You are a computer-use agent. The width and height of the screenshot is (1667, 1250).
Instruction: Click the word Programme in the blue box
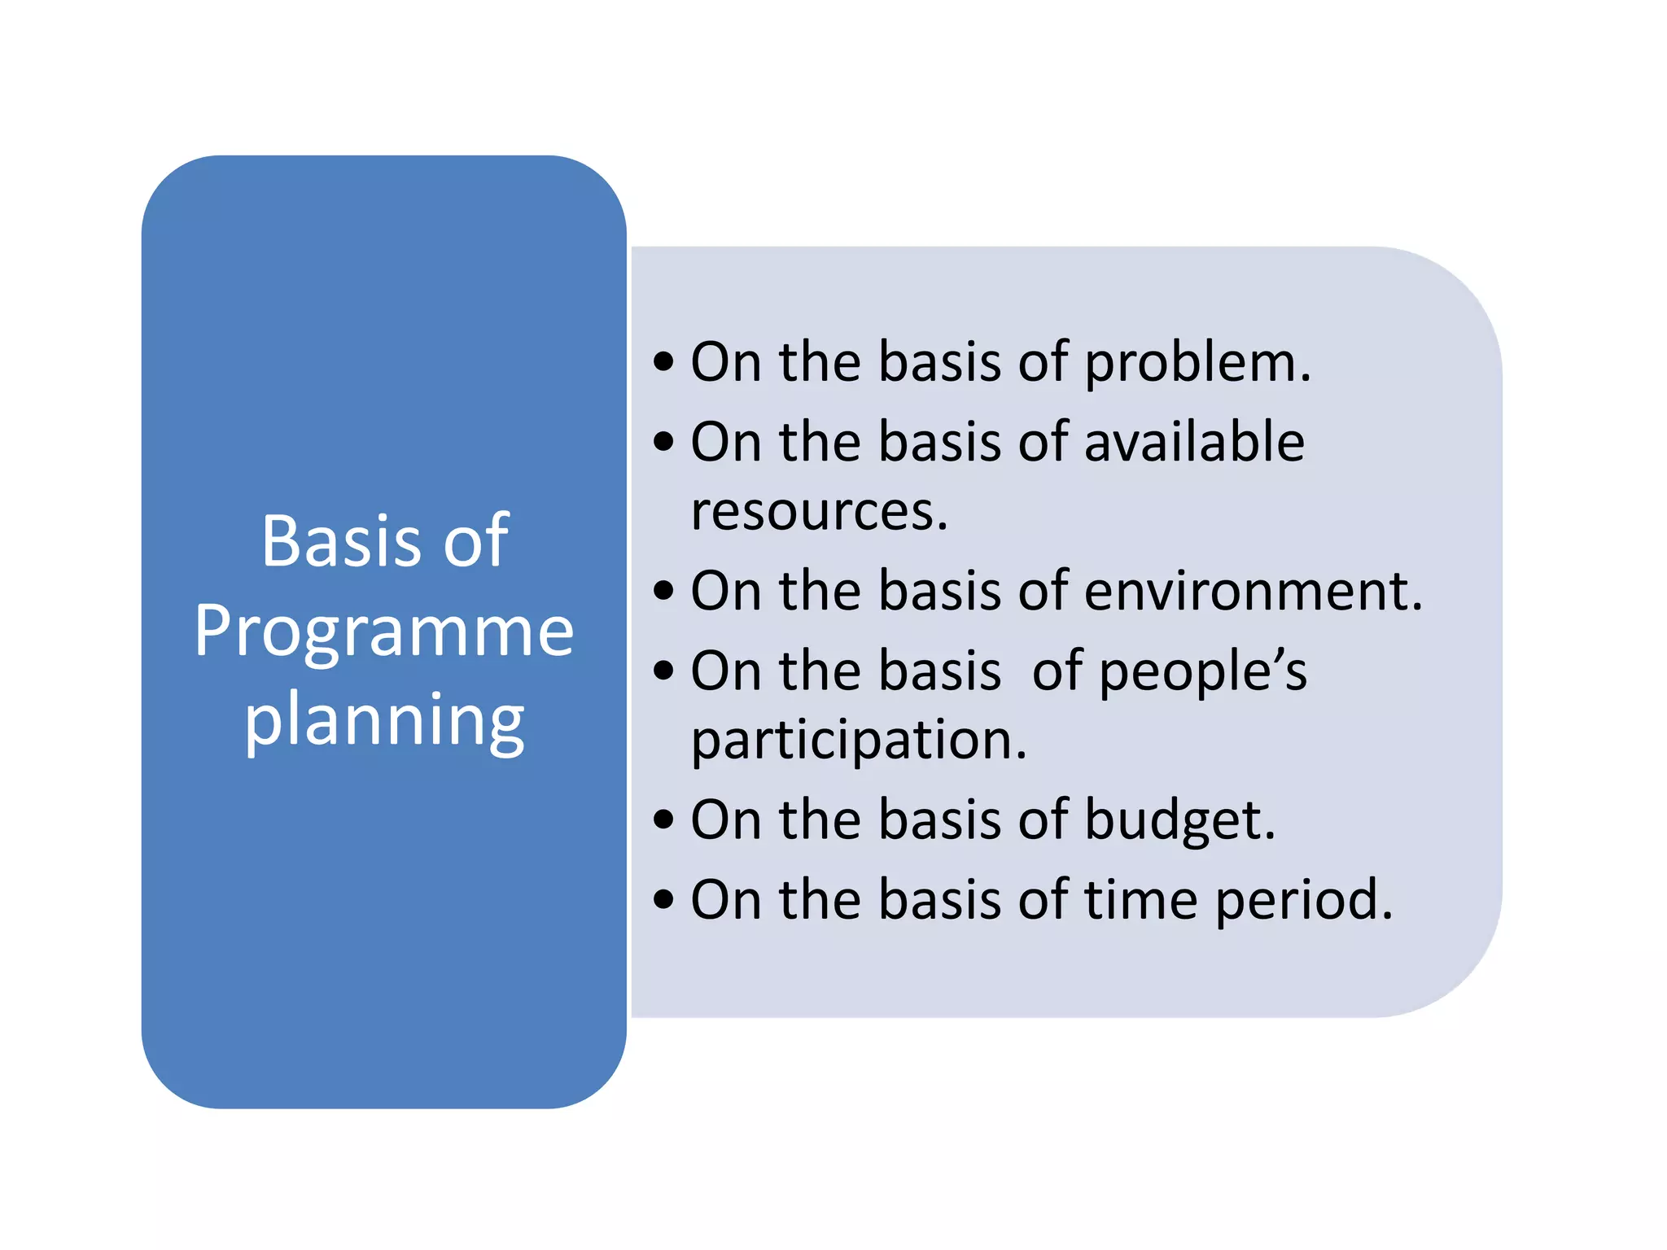(x=383, y=632)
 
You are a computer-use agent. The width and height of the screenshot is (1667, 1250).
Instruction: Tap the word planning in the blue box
(x=384, y=721)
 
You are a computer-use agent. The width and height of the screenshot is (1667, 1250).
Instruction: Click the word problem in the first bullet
(x=1197, y=363)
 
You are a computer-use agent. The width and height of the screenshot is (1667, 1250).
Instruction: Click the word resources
(x=819, y=512)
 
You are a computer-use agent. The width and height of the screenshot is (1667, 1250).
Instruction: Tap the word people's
(x=1202, y=672)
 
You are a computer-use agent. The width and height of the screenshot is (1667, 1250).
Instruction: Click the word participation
(x=858, y=741)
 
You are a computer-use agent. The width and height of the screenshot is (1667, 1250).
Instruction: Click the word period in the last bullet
(x=1303, y=900)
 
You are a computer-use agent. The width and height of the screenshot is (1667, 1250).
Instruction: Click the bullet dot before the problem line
(x=664, y=361)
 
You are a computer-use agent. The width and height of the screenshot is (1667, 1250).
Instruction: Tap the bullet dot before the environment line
(x=664, y=590)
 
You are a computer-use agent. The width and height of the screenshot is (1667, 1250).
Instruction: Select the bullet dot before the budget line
(x=664, y=819)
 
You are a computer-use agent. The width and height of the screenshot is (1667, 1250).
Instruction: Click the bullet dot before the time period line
(x=664, y=899)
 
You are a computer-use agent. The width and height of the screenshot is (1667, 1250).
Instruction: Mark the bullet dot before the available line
(x=664, y=442)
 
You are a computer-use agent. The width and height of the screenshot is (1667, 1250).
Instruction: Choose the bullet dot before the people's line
(x=664, y=671)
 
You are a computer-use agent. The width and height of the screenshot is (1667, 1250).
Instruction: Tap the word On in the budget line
(x=725, y=819)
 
